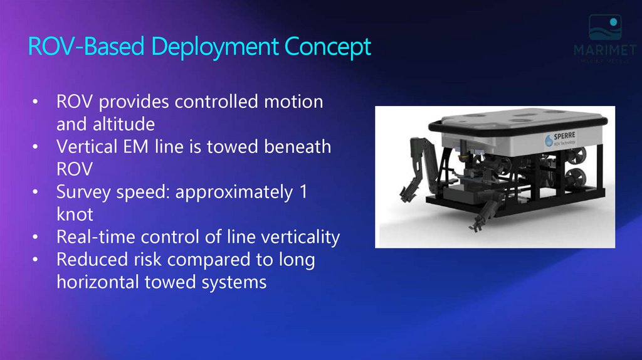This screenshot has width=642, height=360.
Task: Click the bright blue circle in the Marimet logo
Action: point(614,22)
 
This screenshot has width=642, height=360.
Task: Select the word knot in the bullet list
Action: point(75,214)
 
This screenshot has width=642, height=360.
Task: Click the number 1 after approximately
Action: point(303,192)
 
